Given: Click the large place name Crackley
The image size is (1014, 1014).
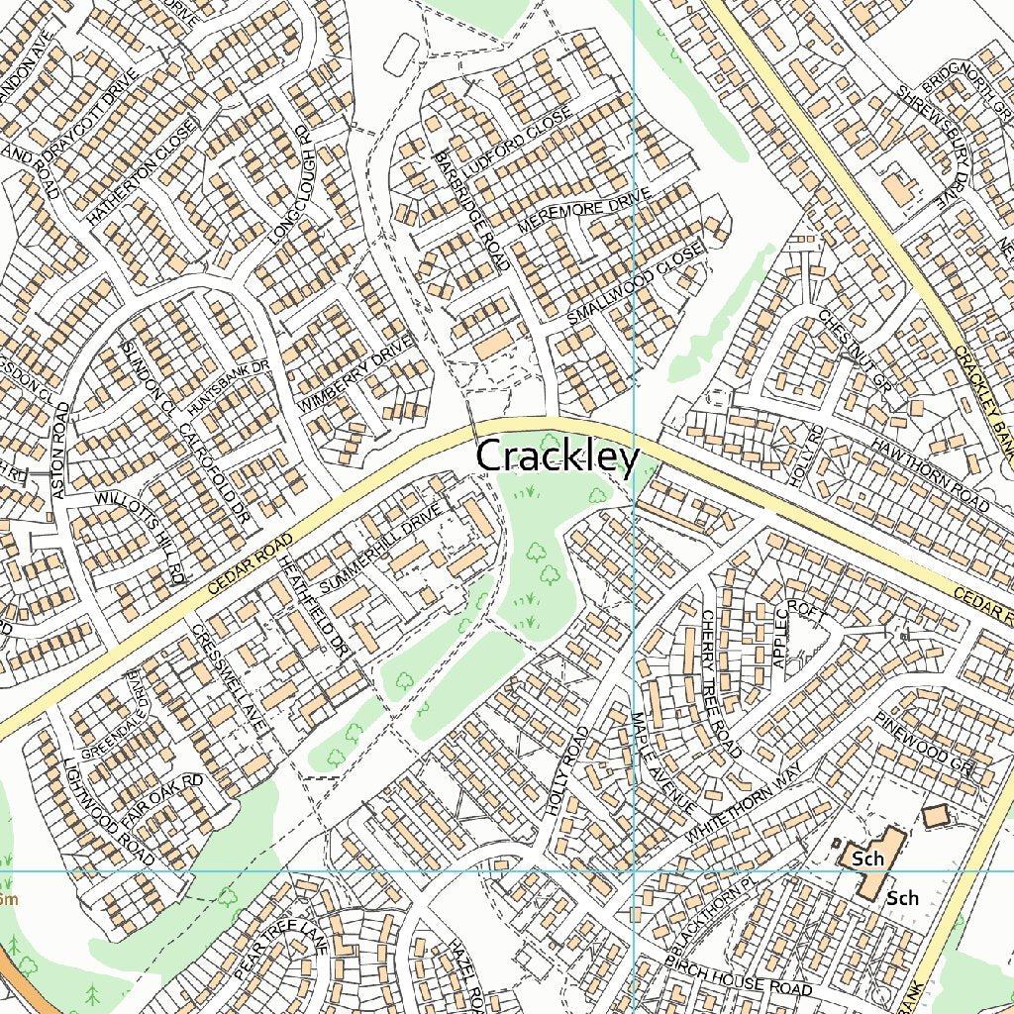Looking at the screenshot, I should click(558, 457).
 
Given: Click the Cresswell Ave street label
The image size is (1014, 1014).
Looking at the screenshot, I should click(230, 678).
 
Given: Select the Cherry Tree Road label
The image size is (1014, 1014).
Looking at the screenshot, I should click(721, 682).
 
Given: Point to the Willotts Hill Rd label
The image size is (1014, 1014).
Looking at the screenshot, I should click(140, 536).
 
